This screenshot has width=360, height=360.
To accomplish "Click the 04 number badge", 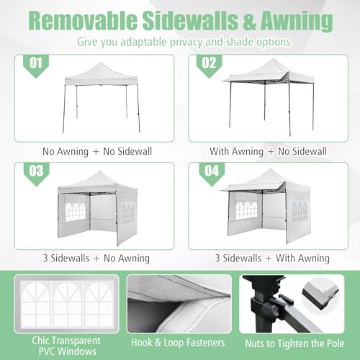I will [x=209, y=172].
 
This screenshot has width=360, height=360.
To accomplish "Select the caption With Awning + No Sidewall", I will [x=269, y=151].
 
